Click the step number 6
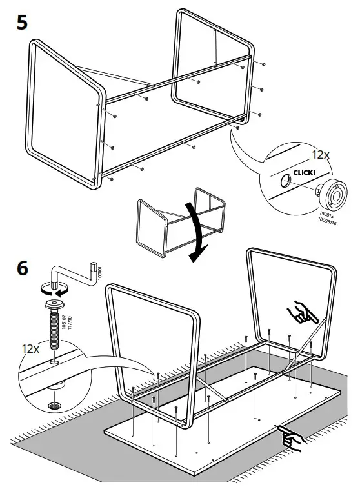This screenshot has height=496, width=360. point(21,268)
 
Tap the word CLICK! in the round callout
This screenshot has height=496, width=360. point(305,173)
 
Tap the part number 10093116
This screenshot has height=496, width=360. point(325,219)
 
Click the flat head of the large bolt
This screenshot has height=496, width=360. point(53,304)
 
